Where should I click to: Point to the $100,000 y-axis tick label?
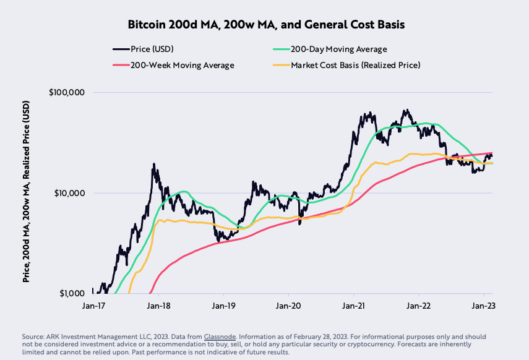click(66, 92)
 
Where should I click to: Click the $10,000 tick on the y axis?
click(68, 193)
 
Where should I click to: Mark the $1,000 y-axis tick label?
click(71, 293)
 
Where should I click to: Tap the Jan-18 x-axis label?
click(159, 306)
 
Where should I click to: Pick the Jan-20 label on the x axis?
click(288, 306)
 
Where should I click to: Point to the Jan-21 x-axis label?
click(353, 306)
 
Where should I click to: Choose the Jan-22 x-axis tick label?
click(418, 306)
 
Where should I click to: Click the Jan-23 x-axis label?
click(482, 306)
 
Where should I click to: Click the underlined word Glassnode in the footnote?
click(221, 336)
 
